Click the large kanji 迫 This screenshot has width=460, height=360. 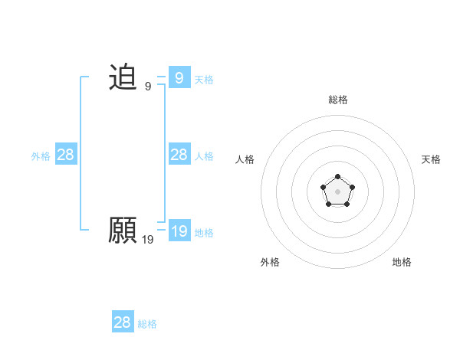[123, 77]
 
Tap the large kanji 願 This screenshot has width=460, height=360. [123, 230]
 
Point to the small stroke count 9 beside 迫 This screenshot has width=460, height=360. [148, 87]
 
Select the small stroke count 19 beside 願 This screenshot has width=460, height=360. [148, 240]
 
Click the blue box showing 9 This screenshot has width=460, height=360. [179, 77]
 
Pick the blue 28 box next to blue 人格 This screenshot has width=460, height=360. [179, 155]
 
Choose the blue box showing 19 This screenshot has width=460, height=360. [179, 231]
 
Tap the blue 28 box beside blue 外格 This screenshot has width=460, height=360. [66, 155]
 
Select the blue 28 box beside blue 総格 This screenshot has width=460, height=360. [123, 322]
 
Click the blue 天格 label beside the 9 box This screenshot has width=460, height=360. [204, 79]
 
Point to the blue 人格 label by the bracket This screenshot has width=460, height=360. [204, 155]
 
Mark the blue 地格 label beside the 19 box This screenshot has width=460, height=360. [204, 232]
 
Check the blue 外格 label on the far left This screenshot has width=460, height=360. [41, 155]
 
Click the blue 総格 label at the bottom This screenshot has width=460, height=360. [147, 324]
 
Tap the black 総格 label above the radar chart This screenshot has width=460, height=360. [338, 100]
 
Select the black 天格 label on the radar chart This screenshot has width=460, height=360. [431, 159]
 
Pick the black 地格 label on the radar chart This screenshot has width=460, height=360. [402, 262]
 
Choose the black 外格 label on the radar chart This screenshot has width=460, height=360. [270, 262]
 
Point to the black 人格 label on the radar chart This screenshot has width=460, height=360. [245, 159]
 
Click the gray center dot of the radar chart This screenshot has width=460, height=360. [337, 191]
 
